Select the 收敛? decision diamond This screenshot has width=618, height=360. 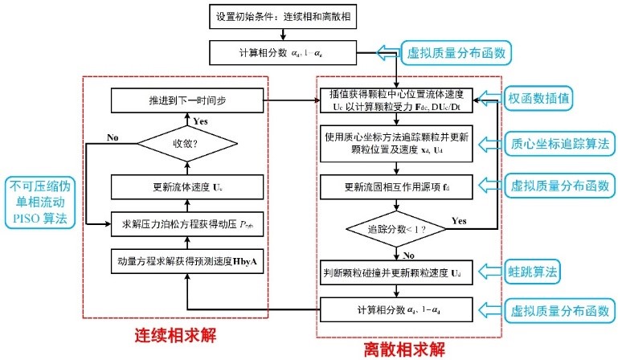(x=187, y=145)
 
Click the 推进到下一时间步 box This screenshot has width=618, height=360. (x=187, y=101)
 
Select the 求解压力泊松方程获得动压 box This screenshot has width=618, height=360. (x=187, y=222)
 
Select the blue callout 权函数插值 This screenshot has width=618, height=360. (x=539, y=98)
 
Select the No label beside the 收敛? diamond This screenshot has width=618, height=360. (x=113, y=137)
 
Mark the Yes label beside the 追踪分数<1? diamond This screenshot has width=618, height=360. (x=459, y=219)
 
